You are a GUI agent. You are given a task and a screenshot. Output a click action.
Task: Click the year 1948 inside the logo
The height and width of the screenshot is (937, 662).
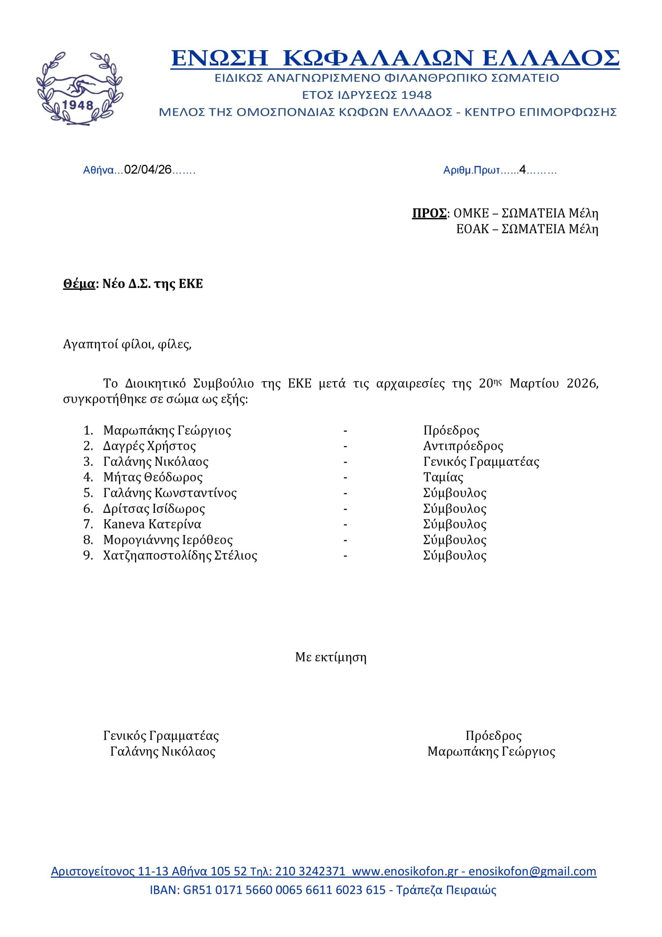[79, 105]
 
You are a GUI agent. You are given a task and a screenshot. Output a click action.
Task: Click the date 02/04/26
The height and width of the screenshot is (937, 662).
[148, 170]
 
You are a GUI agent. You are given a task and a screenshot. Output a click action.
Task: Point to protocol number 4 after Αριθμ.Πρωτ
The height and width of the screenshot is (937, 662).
[522, 170]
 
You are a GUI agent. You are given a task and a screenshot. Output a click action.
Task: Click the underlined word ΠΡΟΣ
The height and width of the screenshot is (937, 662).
[429, 213]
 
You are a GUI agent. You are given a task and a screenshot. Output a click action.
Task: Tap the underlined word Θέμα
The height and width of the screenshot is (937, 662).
[79, 284]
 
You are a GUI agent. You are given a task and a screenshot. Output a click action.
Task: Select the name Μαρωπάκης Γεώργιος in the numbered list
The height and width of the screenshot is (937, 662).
[167, 430]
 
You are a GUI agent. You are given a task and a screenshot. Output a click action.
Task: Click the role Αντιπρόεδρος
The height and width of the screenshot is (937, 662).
[463, 446]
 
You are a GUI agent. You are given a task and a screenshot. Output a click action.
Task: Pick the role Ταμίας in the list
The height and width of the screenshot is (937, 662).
[443, 477]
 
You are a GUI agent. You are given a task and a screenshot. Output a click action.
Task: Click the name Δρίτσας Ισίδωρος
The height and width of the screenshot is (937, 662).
[154, 508]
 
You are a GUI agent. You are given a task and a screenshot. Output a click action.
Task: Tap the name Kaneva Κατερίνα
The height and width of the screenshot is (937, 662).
[152, 524]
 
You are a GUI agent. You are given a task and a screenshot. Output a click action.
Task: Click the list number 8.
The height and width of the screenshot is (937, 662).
[88, 540]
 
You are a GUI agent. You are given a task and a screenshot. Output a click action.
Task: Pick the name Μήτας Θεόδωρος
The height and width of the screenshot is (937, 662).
[153, 477]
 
